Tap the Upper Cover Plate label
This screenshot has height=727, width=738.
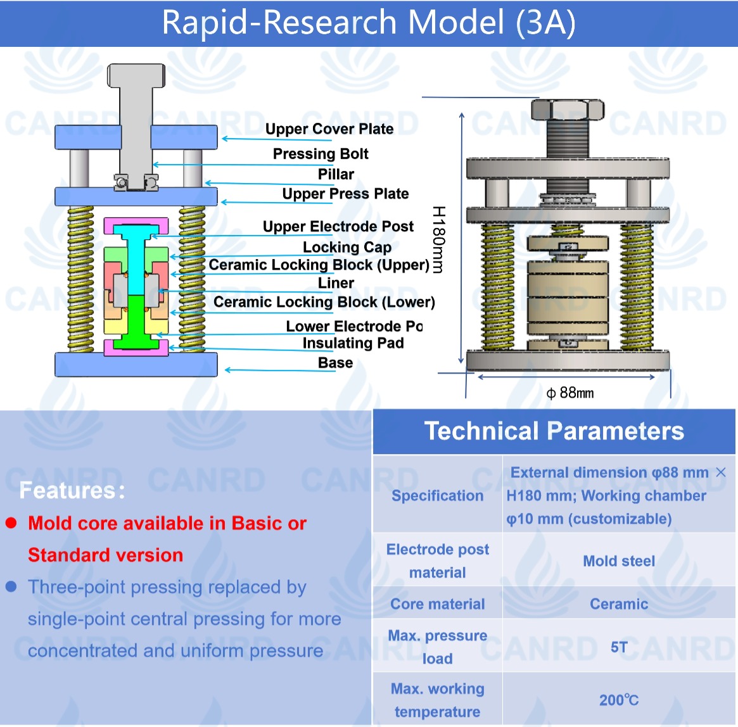tap(329, 129)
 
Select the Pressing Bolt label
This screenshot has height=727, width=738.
tap(321, 154)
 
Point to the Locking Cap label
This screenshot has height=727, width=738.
tap(347, 247)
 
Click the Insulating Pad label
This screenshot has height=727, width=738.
tap(353, 343)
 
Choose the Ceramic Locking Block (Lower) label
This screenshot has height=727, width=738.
tap(324, 302)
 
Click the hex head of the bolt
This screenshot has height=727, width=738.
tap(568, 109)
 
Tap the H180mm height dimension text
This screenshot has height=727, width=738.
tap(438, 239)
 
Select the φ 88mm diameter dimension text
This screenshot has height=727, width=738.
tap(570, 393)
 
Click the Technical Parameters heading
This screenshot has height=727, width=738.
tap(554, 431)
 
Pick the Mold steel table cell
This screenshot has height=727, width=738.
tap(619, 561)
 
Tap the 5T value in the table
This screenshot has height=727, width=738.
tap(619, 647)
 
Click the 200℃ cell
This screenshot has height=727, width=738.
tap(619, 700)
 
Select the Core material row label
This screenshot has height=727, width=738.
tap(437, 604)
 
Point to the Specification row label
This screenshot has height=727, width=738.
tap(437, 495)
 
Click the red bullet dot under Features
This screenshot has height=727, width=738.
tap(11, 523)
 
